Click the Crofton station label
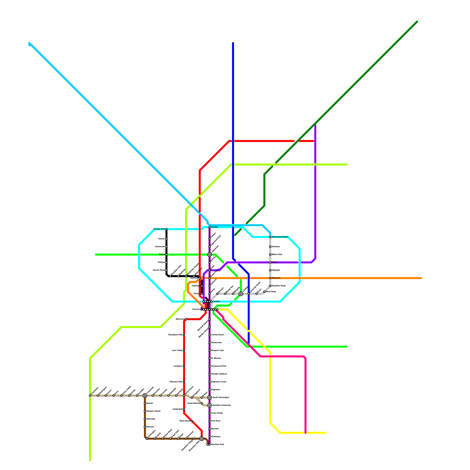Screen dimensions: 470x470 (x=214, y=227)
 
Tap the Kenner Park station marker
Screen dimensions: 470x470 (x=166, y=229)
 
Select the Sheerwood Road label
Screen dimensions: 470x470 (x=279, y=237)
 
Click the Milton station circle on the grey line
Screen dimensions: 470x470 (x=270, y=262)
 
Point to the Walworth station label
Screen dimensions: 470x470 (x=276, y=278)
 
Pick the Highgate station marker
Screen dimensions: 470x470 (x=270, y=270)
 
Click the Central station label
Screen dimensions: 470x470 (x=216, y=302)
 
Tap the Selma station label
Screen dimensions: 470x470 (x=162, y=254)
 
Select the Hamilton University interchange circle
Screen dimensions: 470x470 (x=209, y=405)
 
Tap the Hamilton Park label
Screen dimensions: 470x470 (x=217, y=444)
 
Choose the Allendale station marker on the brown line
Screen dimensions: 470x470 (x=145, y=419)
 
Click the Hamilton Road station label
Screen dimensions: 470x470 (x=278, y=286)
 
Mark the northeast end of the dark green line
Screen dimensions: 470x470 (x=417, y=22)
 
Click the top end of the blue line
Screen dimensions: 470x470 (x=233, y=43)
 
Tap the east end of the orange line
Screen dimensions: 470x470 (x=421, y=278)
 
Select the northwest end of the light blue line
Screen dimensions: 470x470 (x=29, y=44)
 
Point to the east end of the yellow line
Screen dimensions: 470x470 (x=325, y=433)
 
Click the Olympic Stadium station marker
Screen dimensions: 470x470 (x=209, y=374)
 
